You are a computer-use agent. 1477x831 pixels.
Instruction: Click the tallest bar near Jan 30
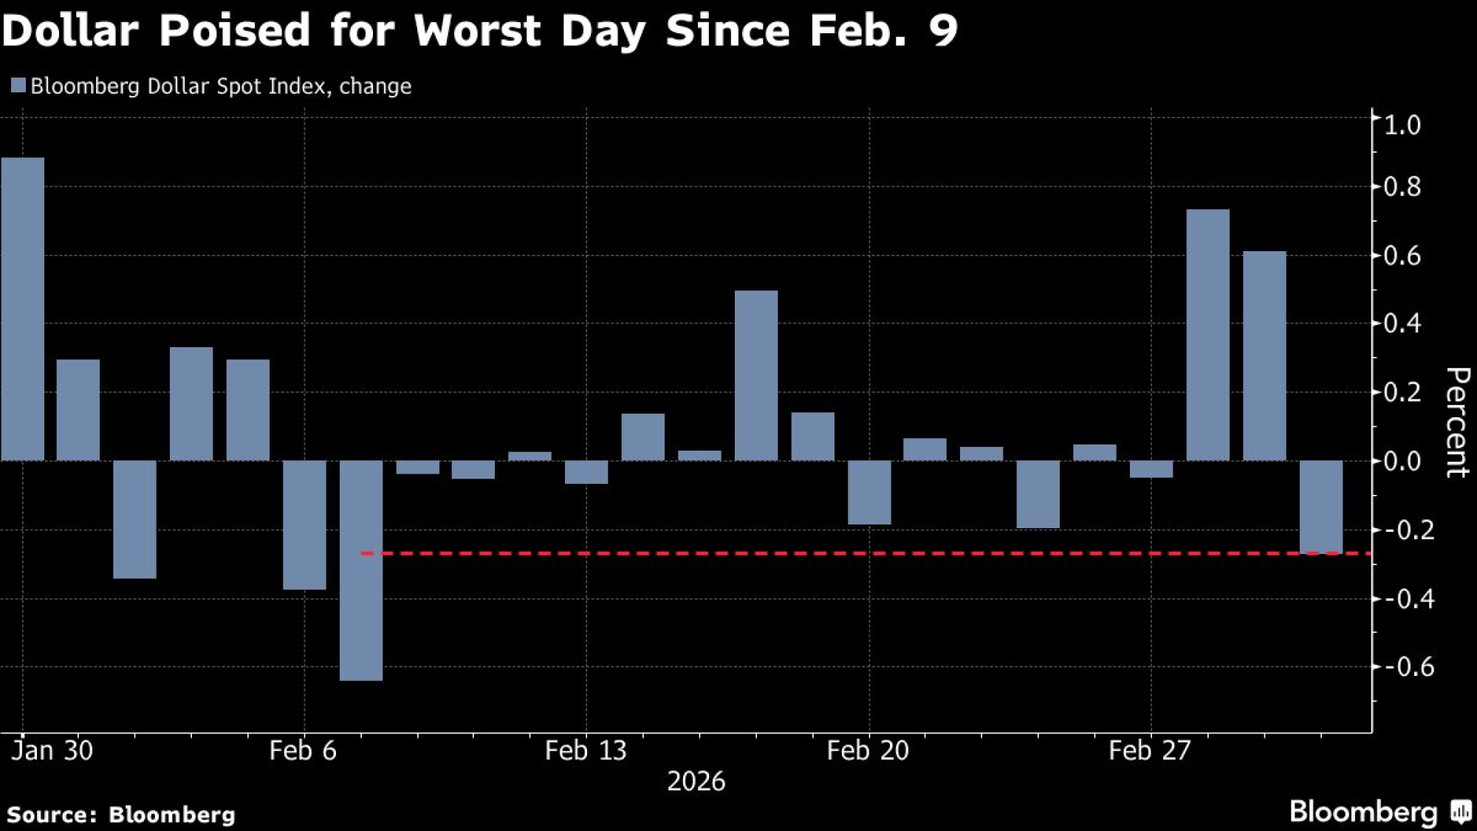tap(22, 309)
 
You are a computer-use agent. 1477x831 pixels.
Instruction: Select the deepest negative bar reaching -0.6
tap(361, 570)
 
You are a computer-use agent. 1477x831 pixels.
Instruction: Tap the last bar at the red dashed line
tap(1321, 507)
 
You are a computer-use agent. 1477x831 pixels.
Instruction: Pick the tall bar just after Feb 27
tap(1207, 335)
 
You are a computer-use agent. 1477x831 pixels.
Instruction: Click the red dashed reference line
tap(812, 553)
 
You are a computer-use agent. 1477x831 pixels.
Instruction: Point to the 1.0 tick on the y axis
tap(1402, 125)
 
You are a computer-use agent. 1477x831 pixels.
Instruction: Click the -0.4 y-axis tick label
tap(1409, 599)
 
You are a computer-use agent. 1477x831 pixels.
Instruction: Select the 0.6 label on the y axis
tap(1402, 256)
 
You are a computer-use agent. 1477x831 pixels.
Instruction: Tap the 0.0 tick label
tap(1402, 461)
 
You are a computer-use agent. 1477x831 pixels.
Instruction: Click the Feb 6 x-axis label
tap(303, 751)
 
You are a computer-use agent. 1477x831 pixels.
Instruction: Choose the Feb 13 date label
tap(586, 751)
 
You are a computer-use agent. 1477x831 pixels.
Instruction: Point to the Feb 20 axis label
tap(868, 751)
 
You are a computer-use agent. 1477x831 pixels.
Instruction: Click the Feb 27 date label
tap(1150, 751)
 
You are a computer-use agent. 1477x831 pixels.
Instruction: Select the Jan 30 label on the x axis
tap(52, 751)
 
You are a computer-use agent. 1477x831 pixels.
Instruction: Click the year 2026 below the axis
tap(696, 782)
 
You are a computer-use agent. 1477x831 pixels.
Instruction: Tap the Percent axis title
tap(1456, 423)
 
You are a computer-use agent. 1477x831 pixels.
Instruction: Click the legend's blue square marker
tap(18, 86)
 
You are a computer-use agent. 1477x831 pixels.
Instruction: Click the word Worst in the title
tap(479, 31)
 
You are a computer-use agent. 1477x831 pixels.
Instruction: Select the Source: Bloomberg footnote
tap(121, 815)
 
